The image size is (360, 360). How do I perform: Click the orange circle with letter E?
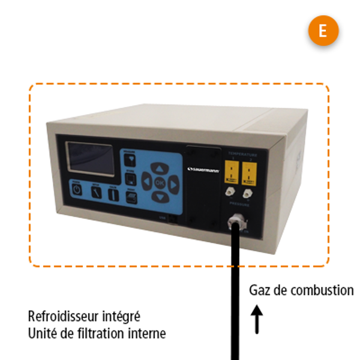[x=323, y=31]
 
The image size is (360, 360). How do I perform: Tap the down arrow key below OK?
[x=158, y=196]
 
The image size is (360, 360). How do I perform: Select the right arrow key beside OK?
[x=173, y=183]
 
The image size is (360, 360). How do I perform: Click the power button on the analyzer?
[x=77, y=189]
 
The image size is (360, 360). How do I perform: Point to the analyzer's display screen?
[x=90, y=157]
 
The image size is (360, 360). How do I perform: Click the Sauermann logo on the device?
[x=203, y=170]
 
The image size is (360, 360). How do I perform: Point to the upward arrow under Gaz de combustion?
[x=257, y=320]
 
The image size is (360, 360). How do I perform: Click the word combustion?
[x=322, y=290]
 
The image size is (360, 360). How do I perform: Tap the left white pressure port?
[x=229, y=193]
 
